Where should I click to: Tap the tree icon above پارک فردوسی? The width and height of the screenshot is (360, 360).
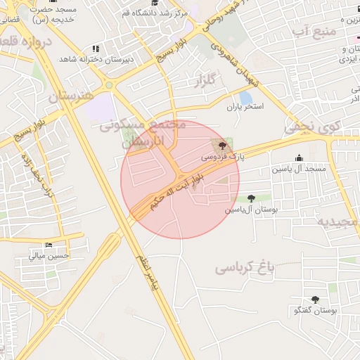click(x=223, y=146)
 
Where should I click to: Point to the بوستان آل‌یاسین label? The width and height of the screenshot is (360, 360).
click(x=252, y=210)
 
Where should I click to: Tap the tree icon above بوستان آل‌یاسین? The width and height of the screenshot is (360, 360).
click(x=252, y=198)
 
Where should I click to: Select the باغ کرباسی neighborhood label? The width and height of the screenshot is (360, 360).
click(x=243, y=267)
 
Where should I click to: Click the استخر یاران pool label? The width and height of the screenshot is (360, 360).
click(x=244, y=107)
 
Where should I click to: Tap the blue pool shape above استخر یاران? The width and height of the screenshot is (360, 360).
click(x=245, y=96)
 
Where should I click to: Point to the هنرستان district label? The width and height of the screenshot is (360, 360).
click(x=71, y=96)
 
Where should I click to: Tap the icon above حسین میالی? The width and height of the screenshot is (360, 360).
click(x=49, y=245)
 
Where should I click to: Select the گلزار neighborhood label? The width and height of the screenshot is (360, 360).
click(x=208, y=83)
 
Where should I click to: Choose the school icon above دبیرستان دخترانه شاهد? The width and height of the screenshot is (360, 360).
click(x=96, y=49)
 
